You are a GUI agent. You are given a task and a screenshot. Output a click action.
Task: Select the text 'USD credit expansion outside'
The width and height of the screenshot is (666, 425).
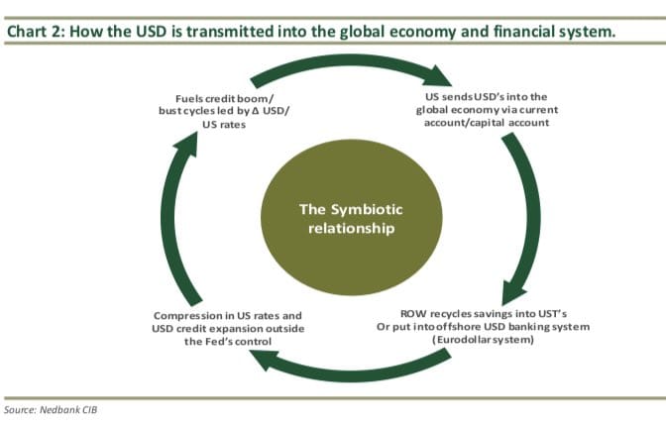click(228, 328)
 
